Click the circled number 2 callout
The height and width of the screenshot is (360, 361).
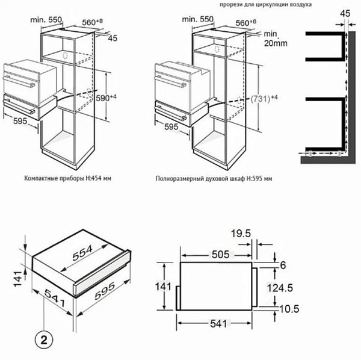[x=44, y=340]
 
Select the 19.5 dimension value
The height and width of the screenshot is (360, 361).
[x=241, y=234]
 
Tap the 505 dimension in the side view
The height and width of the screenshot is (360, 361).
[x=221, y=255]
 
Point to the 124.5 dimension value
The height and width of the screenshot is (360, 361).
[x=280, y=288]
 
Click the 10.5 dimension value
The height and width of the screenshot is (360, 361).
[x=289, y=309]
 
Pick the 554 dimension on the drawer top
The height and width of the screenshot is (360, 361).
[x=82, y=253]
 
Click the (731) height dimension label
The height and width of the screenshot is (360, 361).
[x=260, y=99]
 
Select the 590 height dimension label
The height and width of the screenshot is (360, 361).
[x=102, y=98]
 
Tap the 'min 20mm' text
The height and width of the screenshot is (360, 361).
[x=276, y=39]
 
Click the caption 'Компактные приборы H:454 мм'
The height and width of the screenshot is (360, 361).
[x=67, y=178]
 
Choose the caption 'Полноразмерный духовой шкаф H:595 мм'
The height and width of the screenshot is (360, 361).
[x=214, y=179]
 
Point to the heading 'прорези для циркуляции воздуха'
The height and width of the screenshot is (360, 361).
[x=265, y=4]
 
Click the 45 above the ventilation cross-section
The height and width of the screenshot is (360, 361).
[x=345, y=14]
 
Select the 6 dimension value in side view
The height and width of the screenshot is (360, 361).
[x=283, y=265]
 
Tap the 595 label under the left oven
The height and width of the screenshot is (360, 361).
[x=20, y=121]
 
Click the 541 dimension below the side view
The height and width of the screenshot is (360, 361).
[x=218, y=324]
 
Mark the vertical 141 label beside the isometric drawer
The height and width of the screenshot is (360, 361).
[x=19, y=279]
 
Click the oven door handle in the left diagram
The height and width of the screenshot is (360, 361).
[x=19, y=81]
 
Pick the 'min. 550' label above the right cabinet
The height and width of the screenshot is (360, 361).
[x=198, y=19]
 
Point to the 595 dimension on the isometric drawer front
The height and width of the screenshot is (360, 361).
[x=105, y=291]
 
